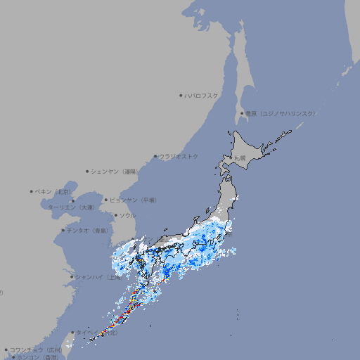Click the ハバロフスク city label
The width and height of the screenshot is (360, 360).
click(201, 95)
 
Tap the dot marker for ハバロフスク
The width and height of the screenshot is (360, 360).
click(181, 95)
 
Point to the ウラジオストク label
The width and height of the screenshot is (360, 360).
click(179, 156)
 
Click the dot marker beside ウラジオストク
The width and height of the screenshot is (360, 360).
click(155, 156)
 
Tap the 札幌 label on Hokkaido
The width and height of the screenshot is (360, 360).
click(240, 157)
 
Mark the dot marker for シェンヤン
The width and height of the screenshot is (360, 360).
click(87, 171)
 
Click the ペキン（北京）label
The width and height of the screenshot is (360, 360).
click(53, 191)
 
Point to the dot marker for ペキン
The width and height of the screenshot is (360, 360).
click(32, 191)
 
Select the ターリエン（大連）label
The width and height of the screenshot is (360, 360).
click(71, 207)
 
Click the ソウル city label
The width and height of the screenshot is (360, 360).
click(127, 215)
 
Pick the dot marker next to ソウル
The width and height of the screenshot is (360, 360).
click(115, 215)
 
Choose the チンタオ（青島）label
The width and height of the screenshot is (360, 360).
click(88, 230)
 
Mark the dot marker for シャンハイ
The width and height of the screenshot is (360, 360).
click(72, 277)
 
